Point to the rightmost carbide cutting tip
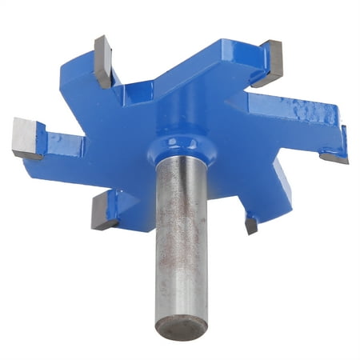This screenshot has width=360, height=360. coord(336,146)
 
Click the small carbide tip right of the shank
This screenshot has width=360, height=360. coord(250,226)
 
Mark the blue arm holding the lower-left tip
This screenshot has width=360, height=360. coord(132,204)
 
